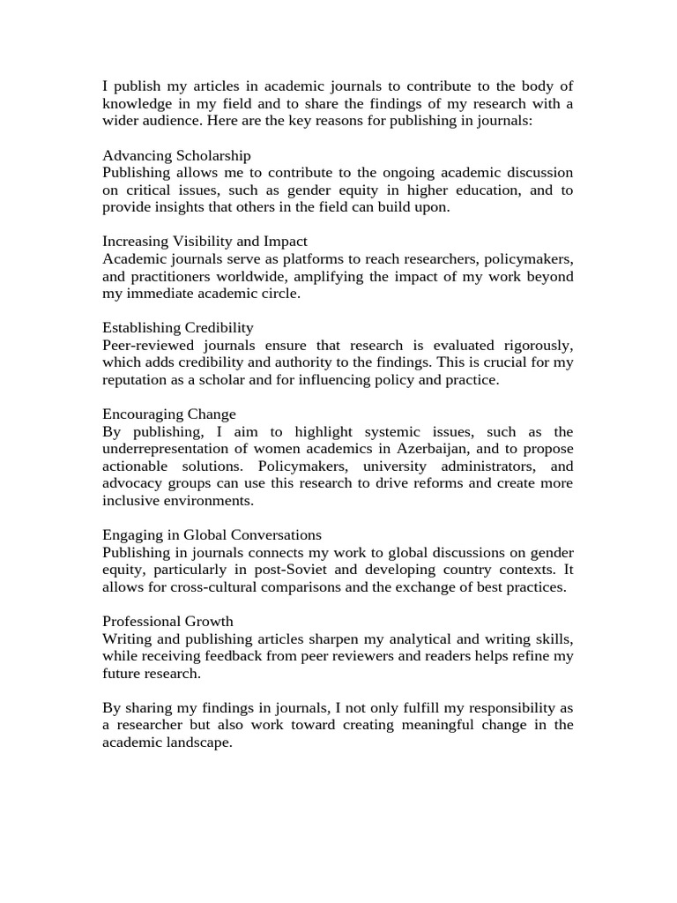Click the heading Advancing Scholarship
click(176, 156)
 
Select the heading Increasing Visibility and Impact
click(205, 242)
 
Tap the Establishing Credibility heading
click(178, 328)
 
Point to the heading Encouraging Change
click(169, 414)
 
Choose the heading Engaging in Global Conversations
click(212, 535)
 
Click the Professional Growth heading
click(167, 622)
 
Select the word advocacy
click(132, 483)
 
